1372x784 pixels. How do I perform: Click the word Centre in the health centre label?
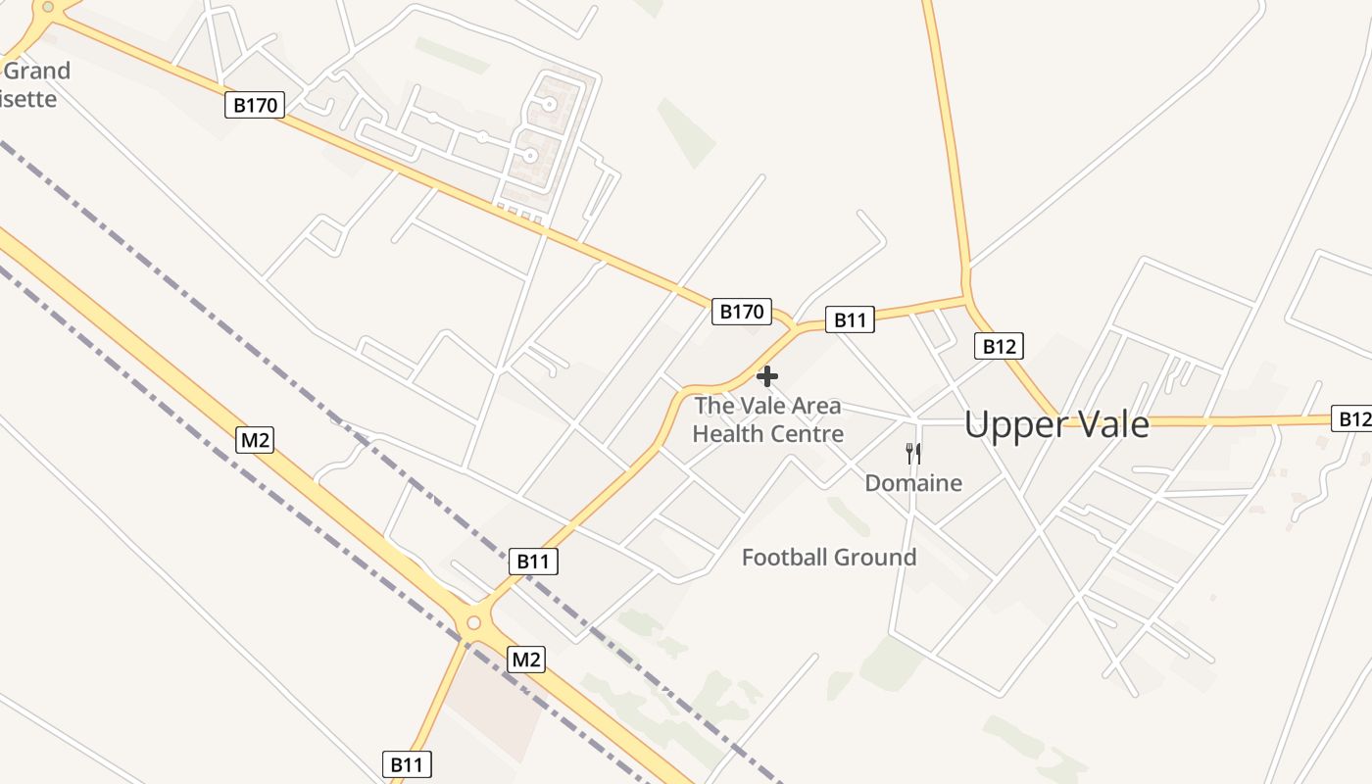[808, 433]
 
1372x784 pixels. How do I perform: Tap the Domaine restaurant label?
[912, 483]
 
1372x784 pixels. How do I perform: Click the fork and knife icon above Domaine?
[913, 453]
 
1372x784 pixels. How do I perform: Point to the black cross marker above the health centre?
[767, 375]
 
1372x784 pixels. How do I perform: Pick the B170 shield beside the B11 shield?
[741, 312]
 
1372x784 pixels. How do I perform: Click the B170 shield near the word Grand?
[256, 105]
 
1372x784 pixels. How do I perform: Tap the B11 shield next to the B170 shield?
[850, 319]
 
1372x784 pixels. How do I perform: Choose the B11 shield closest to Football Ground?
[533, 562]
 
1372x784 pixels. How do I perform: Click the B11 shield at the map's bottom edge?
[406, 764]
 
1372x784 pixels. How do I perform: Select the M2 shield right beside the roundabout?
[526, 660]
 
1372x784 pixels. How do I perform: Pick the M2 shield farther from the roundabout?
[255, 440]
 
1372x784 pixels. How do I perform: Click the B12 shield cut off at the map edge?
[1353, 418]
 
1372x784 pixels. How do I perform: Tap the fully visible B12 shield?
[999, 346]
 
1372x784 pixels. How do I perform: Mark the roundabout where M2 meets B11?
[474, 622]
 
